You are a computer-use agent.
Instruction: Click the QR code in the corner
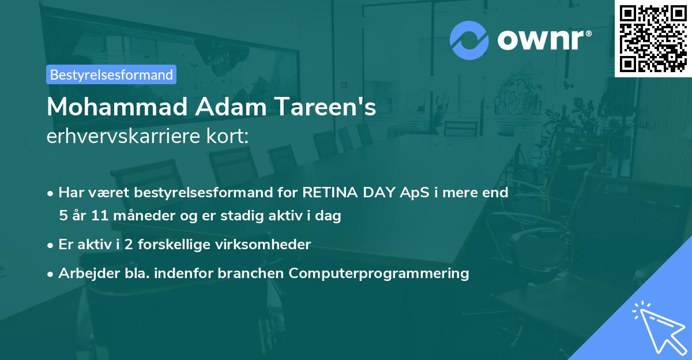(x=653, y=38)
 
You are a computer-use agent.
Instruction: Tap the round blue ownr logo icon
(x=469, y=40)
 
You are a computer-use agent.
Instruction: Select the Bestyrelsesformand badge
(x=111, y=74)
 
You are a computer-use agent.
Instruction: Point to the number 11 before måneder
(x=92, y=216)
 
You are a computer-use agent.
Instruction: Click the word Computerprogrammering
(x=379, y=273)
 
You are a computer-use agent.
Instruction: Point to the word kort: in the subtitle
(x=230, y=137)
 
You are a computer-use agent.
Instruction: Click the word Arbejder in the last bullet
(x=84, y=273)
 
